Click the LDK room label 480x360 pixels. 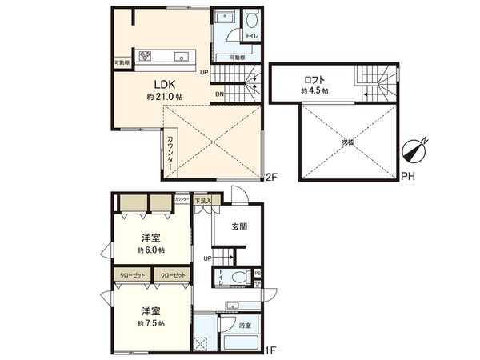[x=164, y=83]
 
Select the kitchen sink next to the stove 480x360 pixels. [x=182, y=56]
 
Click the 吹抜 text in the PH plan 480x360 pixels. [x=346, y=142]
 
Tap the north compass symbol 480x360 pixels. [x=418, y=150]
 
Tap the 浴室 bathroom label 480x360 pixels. [x=246, y=326]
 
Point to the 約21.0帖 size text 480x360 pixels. [x=164, y=96]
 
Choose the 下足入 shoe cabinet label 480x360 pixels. [x=204, y=201]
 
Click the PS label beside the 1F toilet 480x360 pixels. [x=257, y=274]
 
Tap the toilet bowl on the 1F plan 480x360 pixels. [x=236, y=279]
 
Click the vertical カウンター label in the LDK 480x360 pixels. [x=173, y=150]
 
